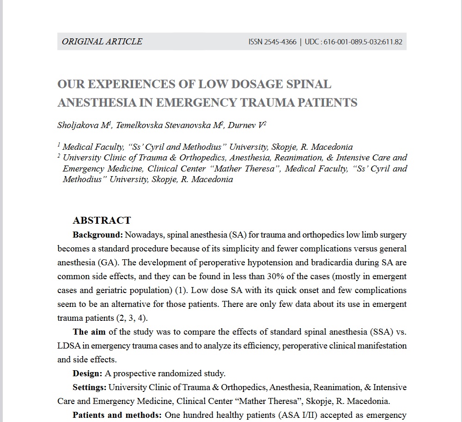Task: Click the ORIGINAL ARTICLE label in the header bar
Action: point(102,42)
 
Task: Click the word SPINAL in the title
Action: point(309,85)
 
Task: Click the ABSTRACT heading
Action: point(102,220)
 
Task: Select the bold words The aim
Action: point(89,332)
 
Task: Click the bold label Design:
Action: point(87,373)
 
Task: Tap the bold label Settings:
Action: point(90,387)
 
